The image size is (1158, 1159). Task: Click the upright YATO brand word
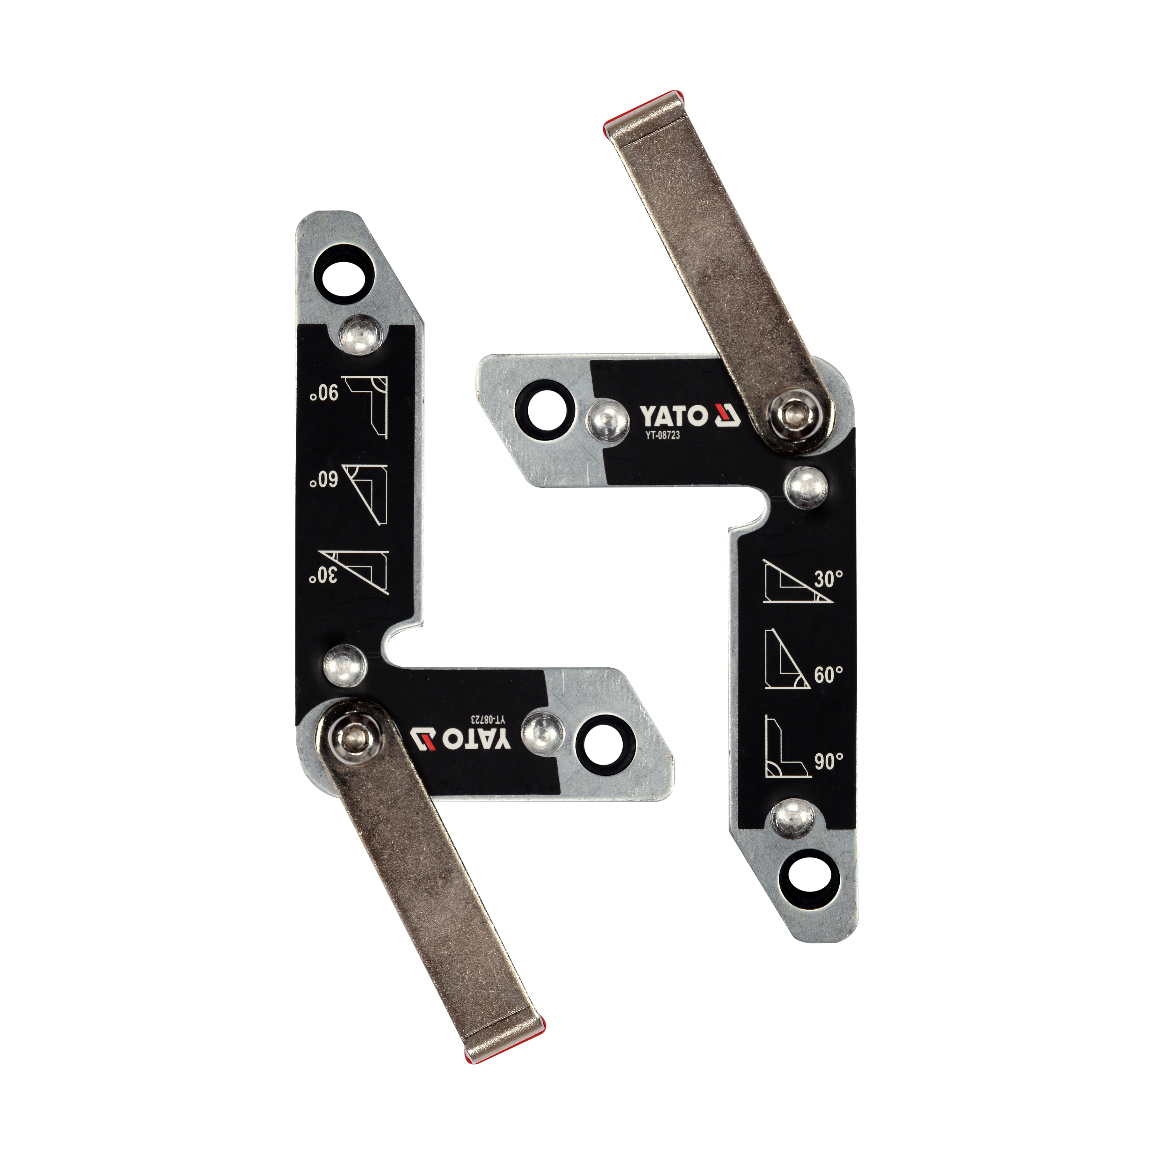673,415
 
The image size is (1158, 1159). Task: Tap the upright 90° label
829,761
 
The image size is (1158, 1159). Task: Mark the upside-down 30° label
324,575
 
